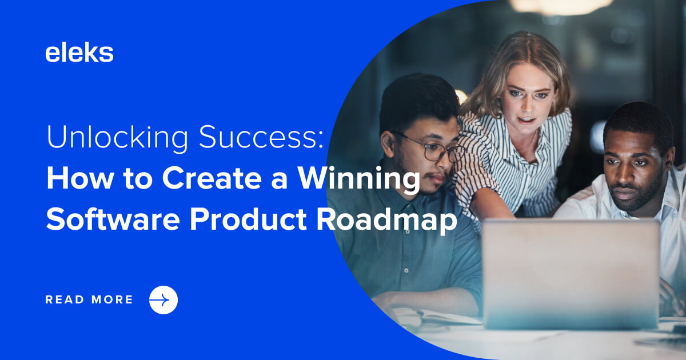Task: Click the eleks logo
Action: [79, 53]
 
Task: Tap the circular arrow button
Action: [163, 300]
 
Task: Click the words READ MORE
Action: [89, 300]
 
